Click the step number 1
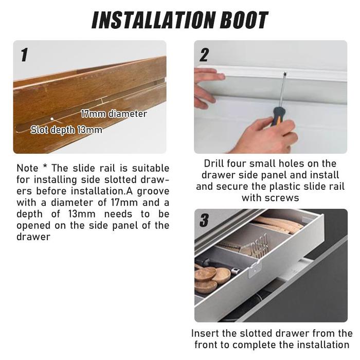coord(24,55)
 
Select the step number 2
coord(204,55)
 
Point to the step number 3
coord(204,220)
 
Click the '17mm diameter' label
coord(114,114)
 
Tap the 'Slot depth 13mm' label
coord(66,130)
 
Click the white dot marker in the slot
coord(52,119)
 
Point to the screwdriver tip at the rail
coord(285,74)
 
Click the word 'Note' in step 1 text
coord(27,168)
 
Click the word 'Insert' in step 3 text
coord(204,333)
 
